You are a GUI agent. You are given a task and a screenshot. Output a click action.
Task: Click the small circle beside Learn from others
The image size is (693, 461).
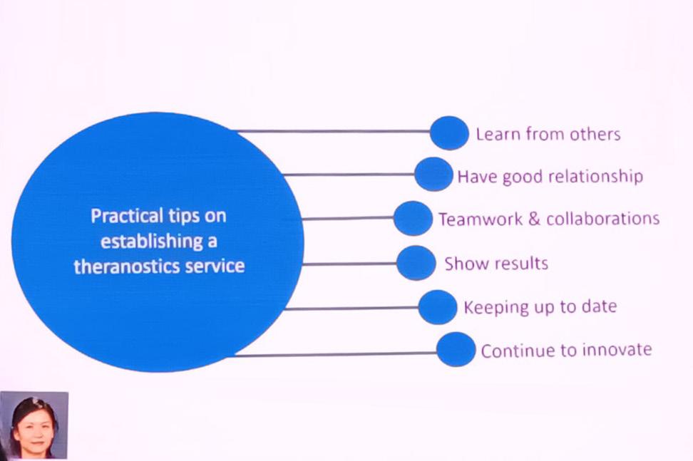coord(449,133)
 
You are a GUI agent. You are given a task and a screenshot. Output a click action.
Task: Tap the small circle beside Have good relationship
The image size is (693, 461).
coord(433,175)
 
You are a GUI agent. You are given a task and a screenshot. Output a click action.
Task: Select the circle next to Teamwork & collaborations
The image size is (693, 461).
coord(413,218)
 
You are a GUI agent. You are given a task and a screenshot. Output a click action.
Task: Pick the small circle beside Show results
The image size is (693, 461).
coord(416,263)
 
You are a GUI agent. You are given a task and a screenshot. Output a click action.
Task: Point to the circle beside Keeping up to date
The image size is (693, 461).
coord(437,307)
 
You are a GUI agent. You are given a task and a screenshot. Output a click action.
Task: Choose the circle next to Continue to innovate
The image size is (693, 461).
coord(456,349)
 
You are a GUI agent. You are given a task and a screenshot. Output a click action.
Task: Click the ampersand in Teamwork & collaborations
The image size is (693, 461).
coord(534,219)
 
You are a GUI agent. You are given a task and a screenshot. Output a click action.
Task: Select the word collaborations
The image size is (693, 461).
coord(602,219)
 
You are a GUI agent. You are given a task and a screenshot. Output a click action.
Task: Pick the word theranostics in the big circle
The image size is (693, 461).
coord(121,266)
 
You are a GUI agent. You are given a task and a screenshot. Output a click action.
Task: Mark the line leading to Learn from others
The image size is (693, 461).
coord(332,131)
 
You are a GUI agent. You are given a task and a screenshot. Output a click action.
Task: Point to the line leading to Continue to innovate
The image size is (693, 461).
coord(335,353)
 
